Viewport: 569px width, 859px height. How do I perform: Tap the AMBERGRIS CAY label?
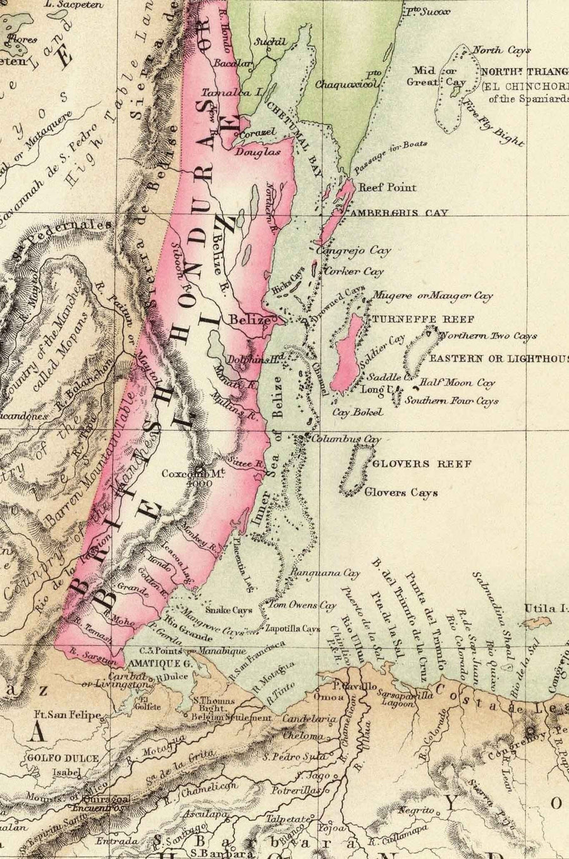click(400, 213)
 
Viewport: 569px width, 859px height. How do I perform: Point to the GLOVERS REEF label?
click(422, 464)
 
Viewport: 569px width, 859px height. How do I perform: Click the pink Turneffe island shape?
click(350, 353)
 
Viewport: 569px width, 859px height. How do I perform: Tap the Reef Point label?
click(388, 188)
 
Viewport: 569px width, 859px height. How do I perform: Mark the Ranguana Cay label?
click(324, 573)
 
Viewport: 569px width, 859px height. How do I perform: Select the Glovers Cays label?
click(401, 492)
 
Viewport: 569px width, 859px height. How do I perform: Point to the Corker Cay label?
click(353, 272)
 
